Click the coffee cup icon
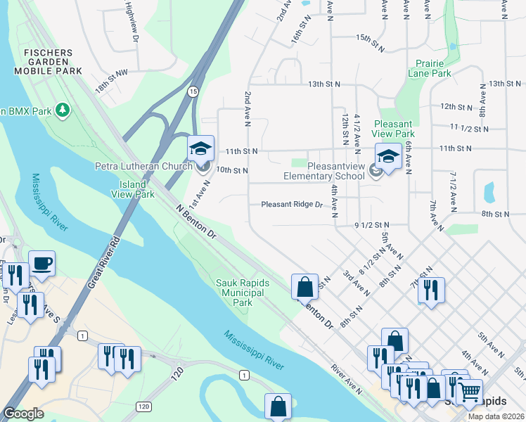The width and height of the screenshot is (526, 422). [x=42, y=263]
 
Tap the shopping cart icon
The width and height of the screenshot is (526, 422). [x=469, y=391]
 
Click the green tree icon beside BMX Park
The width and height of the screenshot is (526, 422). [x=63, y=110]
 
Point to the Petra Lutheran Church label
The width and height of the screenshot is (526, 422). [x=143, y=166]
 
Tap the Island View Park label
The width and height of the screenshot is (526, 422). [x=132, y=189]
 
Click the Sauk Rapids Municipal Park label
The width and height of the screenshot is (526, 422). [x=242, y=292]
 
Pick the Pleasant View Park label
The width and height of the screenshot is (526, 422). [x=394, y=128]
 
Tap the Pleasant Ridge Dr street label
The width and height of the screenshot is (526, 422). [x=291, y=205]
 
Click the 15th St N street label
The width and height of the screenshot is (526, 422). [x=373, y=37]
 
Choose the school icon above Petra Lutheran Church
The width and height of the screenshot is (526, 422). [x=200, y=148]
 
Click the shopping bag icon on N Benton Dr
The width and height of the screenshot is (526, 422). [x=304, y=287]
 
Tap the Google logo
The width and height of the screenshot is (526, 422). [x=23, y=414]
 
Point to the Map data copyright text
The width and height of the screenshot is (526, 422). [x=496, y=416]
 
